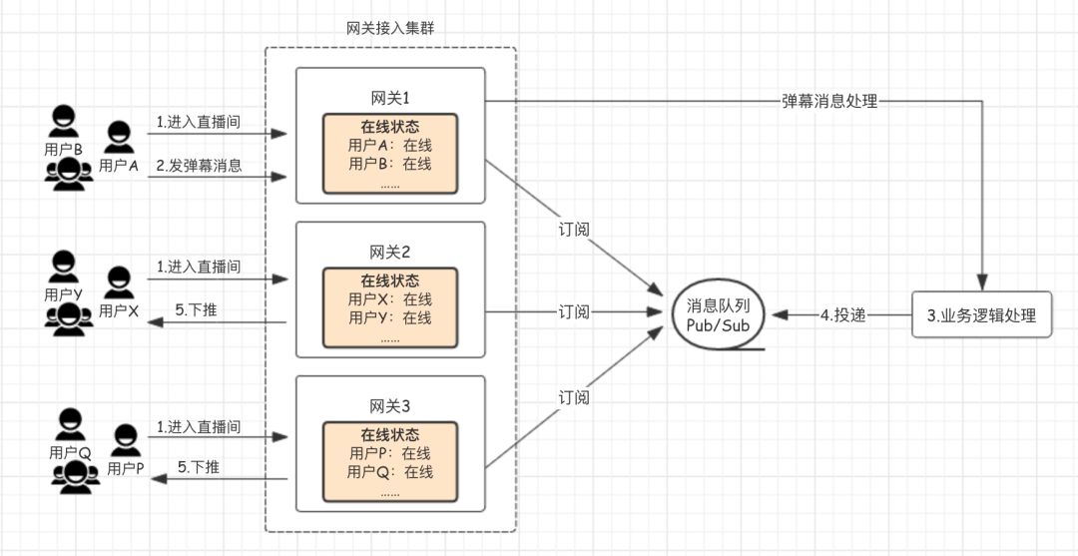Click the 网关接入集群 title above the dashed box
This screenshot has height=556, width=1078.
(389, 28)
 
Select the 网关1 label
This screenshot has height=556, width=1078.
(390, 97)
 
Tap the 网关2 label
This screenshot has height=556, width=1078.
(390, 251)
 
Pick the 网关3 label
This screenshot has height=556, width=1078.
(390, 405)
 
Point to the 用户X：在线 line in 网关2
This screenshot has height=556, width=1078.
(390, 299)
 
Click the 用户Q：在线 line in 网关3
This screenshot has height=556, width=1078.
(390, 472)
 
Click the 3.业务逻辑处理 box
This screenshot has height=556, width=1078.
(981, 315)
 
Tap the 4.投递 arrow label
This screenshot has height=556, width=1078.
(842, 315)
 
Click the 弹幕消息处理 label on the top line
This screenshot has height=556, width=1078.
(828, 102)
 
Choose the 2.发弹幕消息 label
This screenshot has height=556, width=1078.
(199, 166)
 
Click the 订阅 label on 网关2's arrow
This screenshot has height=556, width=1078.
(573, 312)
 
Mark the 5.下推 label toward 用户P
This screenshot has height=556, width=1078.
(198, 466)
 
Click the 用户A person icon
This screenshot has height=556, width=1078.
(119, 137)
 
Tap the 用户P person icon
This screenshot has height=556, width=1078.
(126, 441)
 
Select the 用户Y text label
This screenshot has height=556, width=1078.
(65, 294)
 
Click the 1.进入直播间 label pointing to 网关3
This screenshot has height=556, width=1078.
(199, 427)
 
